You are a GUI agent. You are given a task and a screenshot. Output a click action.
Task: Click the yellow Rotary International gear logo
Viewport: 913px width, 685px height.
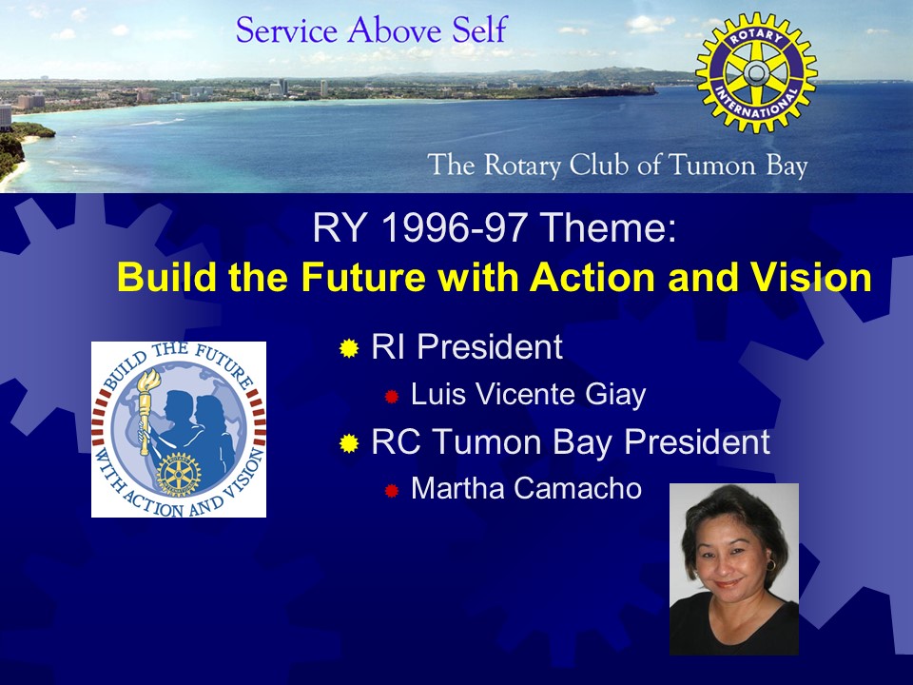pyautogui.click(x=756, y=72)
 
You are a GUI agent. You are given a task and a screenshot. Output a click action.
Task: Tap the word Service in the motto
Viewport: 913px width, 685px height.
pyautogui.click(x=286, y=30)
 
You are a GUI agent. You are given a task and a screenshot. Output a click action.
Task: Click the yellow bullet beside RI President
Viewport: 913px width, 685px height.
pyautogui.click(x=349, y=348)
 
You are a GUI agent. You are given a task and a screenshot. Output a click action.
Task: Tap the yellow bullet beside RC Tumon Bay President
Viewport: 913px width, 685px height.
pyautogui.click(x=349, y=443)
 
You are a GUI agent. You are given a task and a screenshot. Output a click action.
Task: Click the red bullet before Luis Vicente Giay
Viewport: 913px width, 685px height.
pyautogui.click(x=391, y=397)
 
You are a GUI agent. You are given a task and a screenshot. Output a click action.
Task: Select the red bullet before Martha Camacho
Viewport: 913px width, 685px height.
pyautogui.click(x=391, y=491)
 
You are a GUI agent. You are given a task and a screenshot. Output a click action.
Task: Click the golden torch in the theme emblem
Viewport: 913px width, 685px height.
pyautogui.click(x=145, y=411)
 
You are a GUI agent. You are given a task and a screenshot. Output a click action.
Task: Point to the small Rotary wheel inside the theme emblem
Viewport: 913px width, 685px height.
pyautogui.click(x=178, y=473)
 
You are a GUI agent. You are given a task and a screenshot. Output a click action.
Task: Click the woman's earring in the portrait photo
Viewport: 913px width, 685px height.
pyautogui.click(x=770, y=565)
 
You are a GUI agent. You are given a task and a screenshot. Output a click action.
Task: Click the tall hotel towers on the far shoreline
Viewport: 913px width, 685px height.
pyautogui.click(x=283, y=87)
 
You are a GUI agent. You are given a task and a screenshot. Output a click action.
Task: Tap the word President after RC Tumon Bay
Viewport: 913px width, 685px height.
pyautogui.click(x=697, y=441)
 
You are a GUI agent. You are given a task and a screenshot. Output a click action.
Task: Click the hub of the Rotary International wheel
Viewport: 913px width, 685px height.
pyautogui.click(x=756, y=72)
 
